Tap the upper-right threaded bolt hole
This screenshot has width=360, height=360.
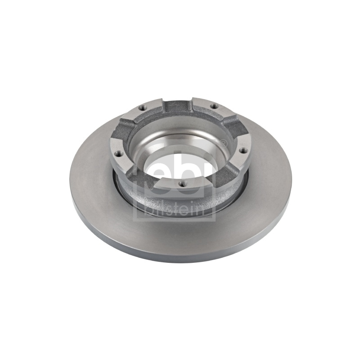(214, 106)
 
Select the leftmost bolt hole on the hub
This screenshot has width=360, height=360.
(118, 153)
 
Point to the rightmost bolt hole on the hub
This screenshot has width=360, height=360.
(243, 150)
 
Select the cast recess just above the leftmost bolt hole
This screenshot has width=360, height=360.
(123, 130)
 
